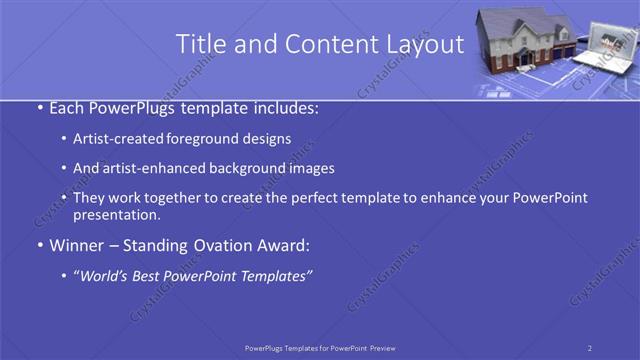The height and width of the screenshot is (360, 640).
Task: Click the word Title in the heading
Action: [199, 44]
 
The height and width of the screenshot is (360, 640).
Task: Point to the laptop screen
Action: [606, 45]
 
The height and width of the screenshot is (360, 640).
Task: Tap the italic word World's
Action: [108, 275]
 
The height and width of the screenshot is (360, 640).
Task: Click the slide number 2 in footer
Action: [590, 347]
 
